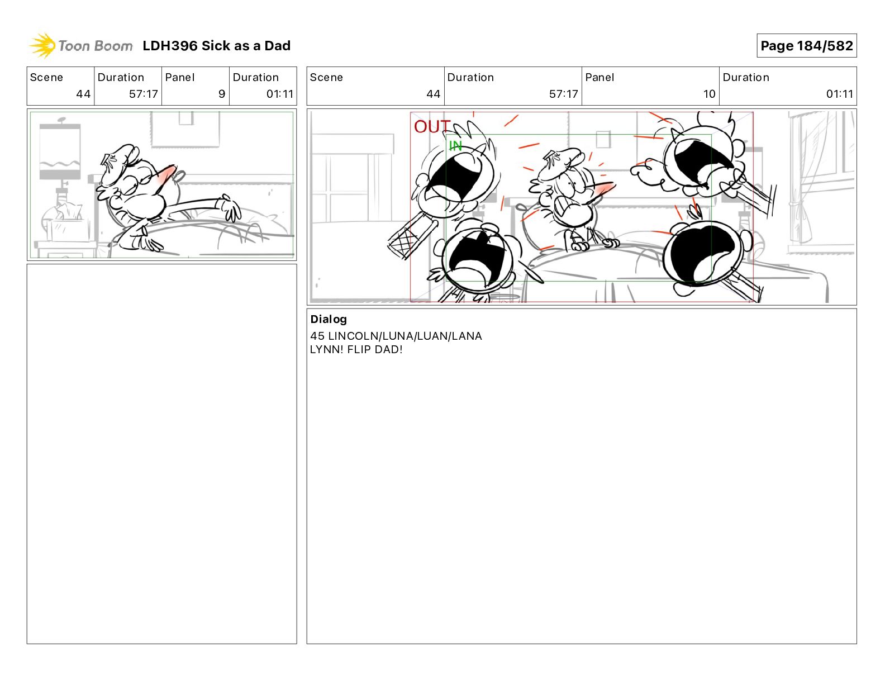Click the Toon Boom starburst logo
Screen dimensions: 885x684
click(42, 45)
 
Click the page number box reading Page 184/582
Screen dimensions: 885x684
click(806, 46)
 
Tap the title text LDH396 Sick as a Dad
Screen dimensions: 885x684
click(217, 46)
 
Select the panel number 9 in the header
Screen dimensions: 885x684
click(222, 94)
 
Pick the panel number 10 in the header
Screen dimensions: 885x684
click(709, 94)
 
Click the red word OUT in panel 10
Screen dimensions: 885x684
click(432, 126)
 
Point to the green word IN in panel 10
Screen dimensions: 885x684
click(455, 145)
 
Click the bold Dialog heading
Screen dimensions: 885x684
click(329, 319)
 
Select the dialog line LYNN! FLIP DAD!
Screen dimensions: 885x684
click(356, 349)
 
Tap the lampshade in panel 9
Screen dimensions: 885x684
click(60, 151)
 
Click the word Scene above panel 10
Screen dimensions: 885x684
click(326, 78)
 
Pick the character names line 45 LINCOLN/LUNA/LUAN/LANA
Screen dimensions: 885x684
click(396, 336)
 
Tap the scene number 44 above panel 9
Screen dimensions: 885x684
click(83, 94)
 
